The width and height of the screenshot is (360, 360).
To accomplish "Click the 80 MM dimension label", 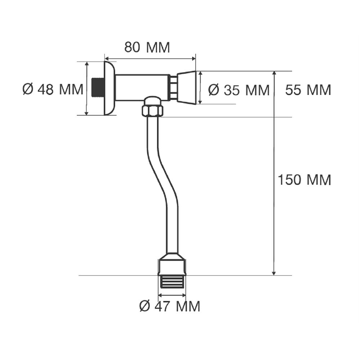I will [x=147, y=47].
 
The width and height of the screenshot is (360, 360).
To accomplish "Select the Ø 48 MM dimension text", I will [x=53, y=89].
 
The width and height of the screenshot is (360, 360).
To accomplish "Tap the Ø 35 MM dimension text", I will [x=239, y=90].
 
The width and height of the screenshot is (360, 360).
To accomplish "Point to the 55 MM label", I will [x=308, y=90].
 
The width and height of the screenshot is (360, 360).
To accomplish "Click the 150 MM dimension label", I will [x=304, y=180].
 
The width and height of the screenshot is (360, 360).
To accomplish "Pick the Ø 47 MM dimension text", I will [x=170, y=306].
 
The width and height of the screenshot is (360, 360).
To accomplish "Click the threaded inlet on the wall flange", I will [x=98, y=88].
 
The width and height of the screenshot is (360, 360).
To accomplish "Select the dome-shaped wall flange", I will [x=109, y=88].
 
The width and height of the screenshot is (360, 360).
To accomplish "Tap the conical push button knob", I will [x=187, y=88].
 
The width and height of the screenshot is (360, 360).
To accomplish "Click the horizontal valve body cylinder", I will [x=142, y=87].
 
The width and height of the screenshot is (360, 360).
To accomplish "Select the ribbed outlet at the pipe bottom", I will [x=172, y=282].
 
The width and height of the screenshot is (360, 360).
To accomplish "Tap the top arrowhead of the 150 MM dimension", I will [x=274, y=73].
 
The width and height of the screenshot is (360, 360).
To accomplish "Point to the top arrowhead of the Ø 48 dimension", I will [x=86, y=64].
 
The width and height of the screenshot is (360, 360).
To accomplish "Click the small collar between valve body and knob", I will [x=174, y=87].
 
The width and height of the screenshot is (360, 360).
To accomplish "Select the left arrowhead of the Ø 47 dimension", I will [x=160, y=295].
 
